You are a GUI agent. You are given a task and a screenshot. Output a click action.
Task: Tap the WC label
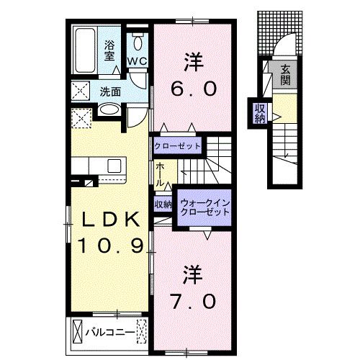[x=138, y=61]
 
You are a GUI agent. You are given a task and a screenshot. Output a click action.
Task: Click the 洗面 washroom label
[x=110, y=92]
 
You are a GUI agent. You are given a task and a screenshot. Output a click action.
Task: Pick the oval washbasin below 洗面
[x=109, y=110]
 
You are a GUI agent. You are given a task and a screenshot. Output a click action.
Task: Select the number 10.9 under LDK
[x=109, y=246]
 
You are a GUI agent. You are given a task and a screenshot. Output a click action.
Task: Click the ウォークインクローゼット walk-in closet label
[x=204, y=208]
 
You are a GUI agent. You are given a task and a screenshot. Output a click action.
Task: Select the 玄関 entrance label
[x=286, y=74]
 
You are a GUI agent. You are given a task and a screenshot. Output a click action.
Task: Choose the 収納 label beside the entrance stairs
[x=258, y=113]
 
